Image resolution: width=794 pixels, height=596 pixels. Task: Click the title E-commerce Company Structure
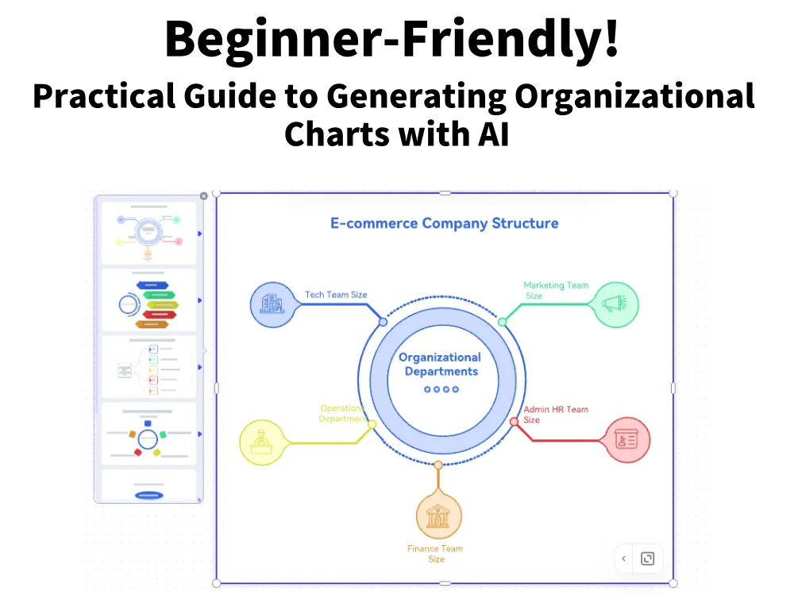(444, 223)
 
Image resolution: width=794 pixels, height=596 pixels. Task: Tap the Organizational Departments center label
(440, 365)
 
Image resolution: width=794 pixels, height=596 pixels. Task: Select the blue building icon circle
(272, 304)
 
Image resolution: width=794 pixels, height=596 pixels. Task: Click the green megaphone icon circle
(615, 304)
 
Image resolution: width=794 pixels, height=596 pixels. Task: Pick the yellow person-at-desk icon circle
(262, 442)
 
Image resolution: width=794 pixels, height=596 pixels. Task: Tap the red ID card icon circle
(627, 440)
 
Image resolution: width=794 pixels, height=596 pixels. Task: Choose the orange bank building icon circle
(438, 516)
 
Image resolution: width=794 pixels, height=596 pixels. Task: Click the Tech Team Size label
(336, 295)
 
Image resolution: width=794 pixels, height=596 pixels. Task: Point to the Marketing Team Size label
(556, 290)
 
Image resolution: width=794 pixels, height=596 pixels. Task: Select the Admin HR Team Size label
(556, 414)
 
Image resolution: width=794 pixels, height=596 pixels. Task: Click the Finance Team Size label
(435, 553)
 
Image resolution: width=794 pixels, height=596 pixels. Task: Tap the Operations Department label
(343, 413)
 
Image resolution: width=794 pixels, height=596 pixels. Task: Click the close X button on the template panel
(203, 196)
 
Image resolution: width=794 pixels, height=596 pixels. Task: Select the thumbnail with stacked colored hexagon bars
(148, 300)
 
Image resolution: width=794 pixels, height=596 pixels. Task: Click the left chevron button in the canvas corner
(624, 559)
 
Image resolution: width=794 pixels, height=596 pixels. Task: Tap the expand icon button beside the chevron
(648, 559)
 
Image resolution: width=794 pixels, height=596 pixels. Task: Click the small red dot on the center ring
(514, 422)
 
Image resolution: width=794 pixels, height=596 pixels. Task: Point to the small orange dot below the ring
(438, 465)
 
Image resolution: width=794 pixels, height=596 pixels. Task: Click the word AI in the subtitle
(493, 134)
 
